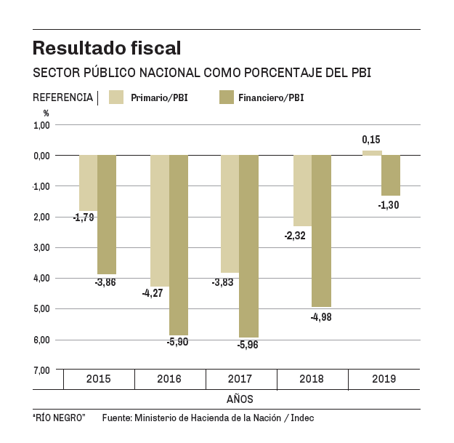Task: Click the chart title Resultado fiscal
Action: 107,49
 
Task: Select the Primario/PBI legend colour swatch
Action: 117,97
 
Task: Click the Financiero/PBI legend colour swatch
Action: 225,97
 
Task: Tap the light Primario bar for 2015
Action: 88,183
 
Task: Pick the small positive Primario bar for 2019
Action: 372,153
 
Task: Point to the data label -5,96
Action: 248,345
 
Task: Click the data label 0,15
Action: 371,140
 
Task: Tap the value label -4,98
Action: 321,316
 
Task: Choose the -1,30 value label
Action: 389,205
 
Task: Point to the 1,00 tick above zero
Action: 41,125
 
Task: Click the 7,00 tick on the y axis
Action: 41,370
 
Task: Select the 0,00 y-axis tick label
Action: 41,156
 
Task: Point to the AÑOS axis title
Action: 240,399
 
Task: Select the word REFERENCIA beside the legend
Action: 63,97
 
